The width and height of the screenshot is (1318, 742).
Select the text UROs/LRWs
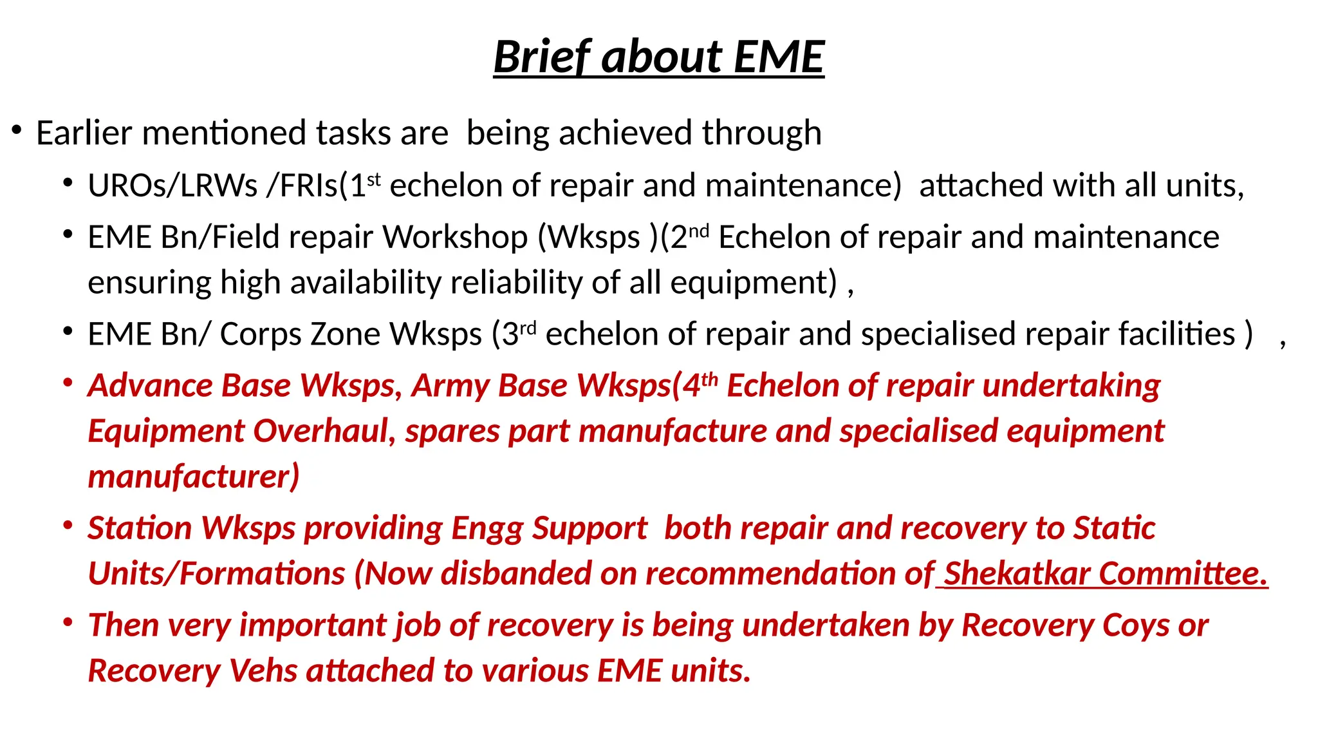pos(172,186)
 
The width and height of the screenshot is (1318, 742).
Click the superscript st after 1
pos(374,179)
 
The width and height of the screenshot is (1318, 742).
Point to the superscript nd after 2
pos(698,231)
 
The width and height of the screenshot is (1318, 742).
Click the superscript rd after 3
pos(528,328)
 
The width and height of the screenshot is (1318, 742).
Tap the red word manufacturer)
pos(193,477)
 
